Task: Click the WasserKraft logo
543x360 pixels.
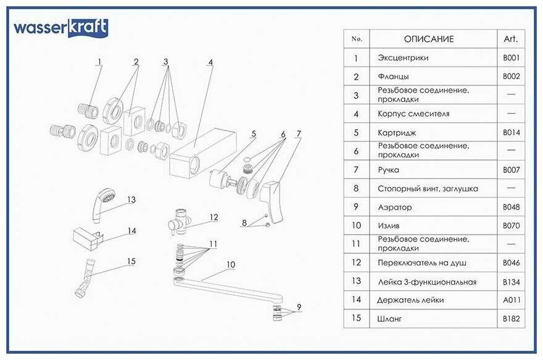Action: tap(61, 28)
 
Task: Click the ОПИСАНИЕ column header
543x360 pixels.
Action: tap(428, 39)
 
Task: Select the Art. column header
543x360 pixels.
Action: tap(510, 39)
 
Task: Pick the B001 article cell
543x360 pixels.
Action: tap(512, 58)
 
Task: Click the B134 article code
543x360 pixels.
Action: tap(512, 282)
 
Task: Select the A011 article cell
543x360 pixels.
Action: tap(512, 300)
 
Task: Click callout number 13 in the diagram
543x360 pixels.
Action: tap(131, 199)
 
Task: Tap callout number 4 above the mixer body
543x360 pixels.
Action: tap(210, 62)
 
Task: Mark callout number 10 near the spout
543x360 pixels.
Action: tap(230, 264)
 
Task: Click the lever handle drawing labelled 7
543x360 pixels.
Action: tap(271, 198)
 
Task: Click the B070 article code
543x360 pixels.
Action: tap(512, 226)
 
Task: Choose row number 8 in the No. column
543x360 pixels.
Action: tap(356, 188)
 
